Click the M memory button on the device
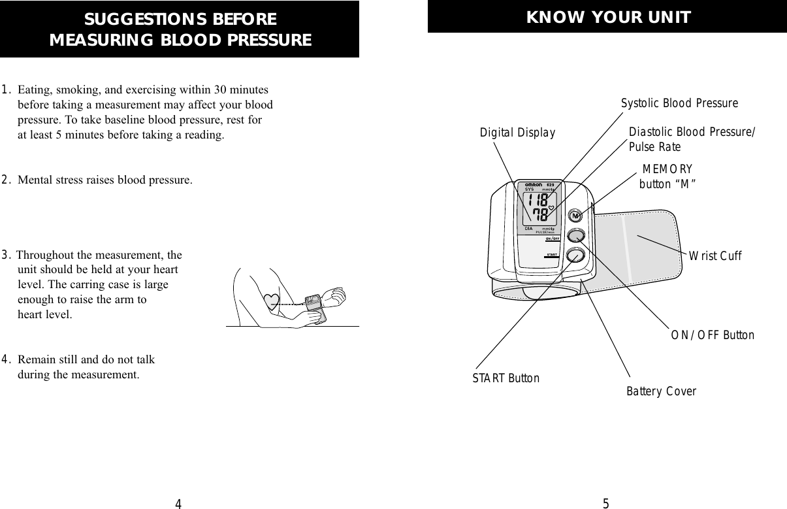click(575, 215)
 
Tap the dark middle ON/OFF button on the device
click(575, 236)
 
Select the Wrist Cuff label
click(715, 256)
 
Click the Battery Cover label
click(661, 392)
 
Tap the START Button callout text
click(506, 378)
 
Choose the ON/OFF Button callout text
click(713, 335)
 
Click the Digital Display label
click(517, 133)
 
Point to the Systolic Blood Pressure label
click(679, 104)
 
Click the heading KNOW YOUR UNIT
click(608, 18)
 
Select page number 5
click(605, 503)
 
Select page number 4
click(178, 503)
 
